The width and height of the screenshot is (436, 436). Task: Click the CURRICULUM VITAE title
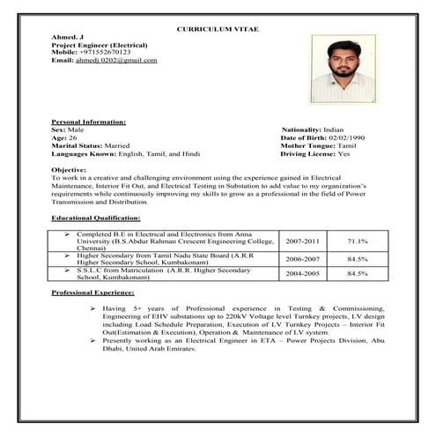coord(217,29)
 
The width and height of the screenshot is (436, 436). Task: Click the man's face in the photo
coord(344,61)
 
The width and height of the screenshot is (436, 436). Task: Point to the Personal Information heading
coord(88,122)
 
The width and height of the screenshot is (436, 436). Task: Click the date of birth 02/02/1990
coord(342,137)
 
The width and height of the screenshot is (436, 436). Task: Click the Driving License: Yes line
coord(314,153)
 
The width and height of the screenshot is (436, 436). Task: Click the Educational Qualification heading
coord(95,216)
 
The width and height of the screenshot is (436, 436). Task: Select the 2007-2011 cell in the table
coord(302,240)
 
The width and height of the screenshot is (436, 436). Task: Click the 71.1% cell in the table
coord(357,240)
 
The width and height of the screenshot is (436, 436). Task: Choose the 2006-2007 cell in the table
coord(302,259)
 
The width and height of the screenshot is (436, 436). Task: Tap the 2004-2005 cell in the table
coord(302,274)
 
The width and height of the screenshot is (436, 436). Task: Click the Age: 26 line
coord(64,137)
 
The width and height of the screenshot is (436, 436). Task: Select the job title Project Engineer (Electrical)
coord(100,45)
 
